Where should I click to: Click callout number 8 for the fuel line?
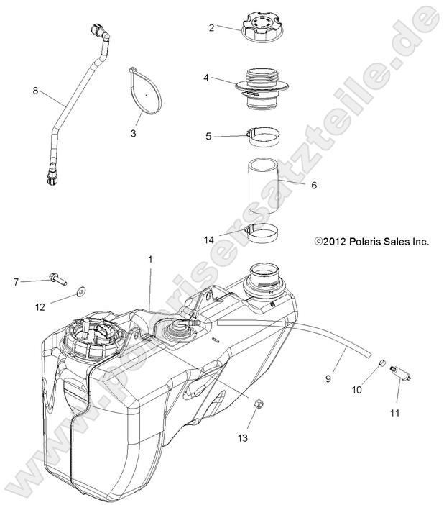(35, 91)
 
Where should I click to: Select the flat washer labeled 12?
(78, 293)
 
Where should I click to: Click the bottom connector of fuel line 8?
(50, 176)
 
